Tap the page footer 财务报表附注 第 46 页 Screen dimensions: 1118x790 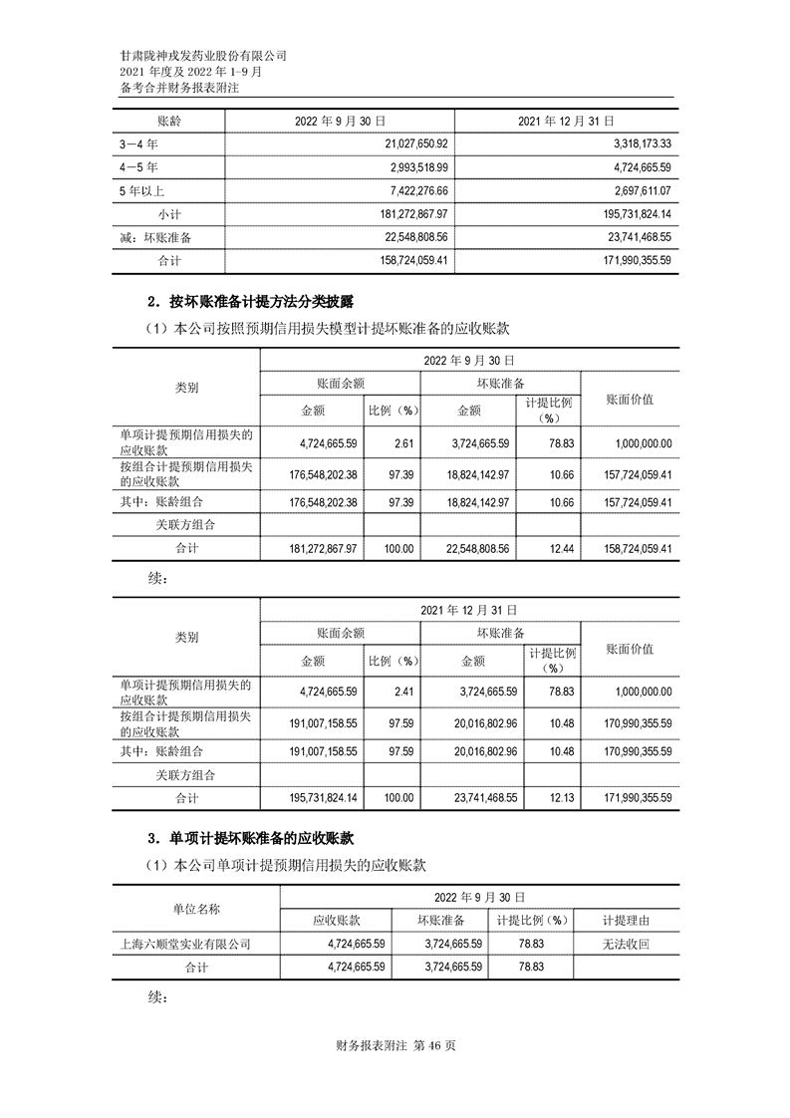click(395, 1045)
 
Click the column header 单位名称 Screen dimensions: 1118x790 click(195, 908)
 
